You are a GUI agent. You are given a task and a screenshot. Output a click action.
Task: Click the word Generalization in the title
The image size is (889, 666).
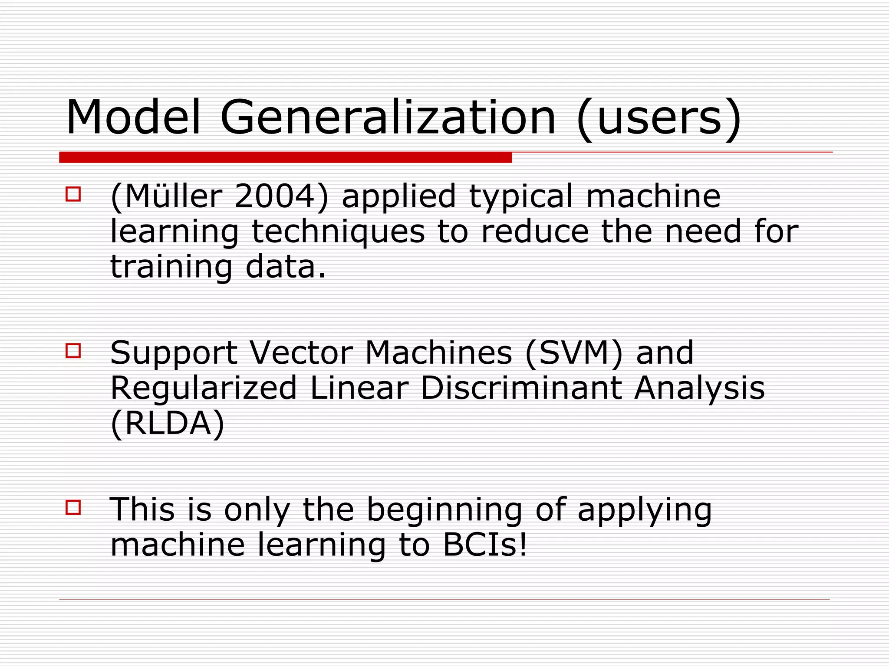point(388,118)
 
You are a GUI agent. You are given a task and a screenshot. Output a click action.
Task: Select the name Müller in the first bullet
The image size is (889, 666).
point(173,196)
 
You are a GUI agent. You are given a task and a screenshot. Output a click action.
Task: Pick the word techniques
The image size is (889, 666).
point(338,232)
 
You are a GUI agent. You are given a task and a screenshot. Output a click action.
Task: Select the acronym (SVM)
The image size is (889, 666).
point(574,353)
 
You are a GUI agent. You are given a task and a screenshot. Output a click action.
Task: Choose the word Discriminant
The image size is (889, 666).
point(520,388)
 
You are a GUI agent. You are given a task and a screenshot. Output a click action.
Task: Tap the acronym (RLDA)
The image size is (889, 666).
point(168,424)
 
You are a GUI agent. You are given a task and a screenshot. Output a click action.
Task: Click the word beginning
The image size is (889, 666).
point(444,510)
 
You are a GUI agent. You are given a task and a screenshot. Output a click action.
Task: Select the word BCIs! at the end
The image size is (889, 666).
point(485,545)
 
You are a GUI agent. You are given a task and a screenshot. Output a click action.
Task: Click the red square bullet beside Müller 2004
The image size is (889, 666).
point(73,194)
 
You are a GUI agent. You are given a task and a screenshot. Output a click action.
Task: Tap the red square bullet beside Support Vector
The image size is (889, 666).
point(73,350)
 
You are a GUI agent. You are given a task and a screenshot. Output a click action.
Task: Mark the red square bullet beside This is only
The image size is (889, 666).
point(73,507)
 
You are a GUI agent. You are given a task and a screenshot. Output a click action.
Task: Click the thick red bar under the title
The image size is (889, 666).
point(285,157)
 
